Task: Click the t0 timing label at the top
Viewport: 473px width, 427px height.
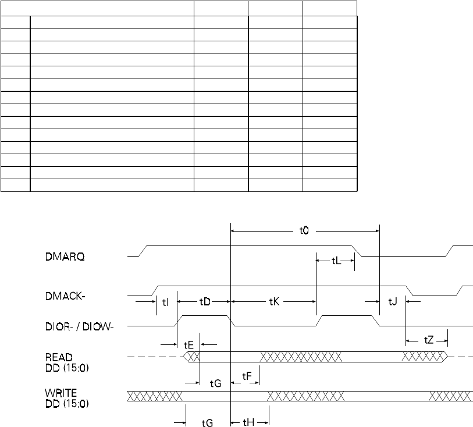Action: [x=304, y=231]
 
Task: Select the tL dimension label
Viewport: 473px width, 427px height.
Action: [x=336, y=261]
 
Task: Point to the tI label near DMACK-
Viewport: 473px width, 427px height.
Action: [x=165, y=302]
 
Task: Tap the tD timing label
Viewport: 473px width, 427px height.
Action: [x=205, y=301]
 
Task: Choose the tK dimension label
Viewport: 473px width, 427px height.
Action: [x=274, y=301]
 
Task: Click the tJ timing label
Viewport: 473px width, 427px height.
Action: [x=393, y=301]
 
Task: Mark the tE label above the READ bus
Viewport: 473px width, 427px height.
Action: [x=189, y=345]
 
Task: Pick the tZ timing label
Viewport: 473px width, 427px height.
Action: [x=429, y=340]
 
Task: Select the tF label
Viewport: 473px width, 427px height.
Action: [x=247, y=376]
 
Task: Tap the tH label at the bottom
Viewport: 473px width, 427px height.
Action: [x=248, y=422]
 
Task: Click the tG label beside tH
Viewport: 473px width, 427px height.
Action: [x=207, y=423]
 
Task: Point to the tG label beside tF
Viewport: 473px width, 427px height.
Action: [x=215, y=383]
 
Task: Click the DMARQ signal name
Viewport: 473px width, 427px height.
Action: [x=65, y=257]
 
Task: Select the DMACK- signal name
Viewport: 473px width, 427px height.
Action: [x=65, y=296]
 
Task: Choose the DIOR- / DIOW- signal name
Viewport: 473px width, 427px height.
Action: [x=79, y=326]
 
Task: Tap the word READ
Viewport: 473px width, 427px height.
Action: [x=59, y=357]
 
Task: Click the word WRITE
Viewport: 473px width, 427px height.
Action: [x=61, y=393]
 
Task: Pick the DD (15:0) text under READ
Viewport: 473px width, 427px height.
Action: [x=67, y=368]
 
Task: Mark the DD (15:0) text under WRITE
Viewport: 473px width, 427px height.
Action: [x=67, y=404]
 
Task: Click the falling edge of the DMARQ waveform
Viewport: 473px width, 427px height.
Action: [x=357, y=251]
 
